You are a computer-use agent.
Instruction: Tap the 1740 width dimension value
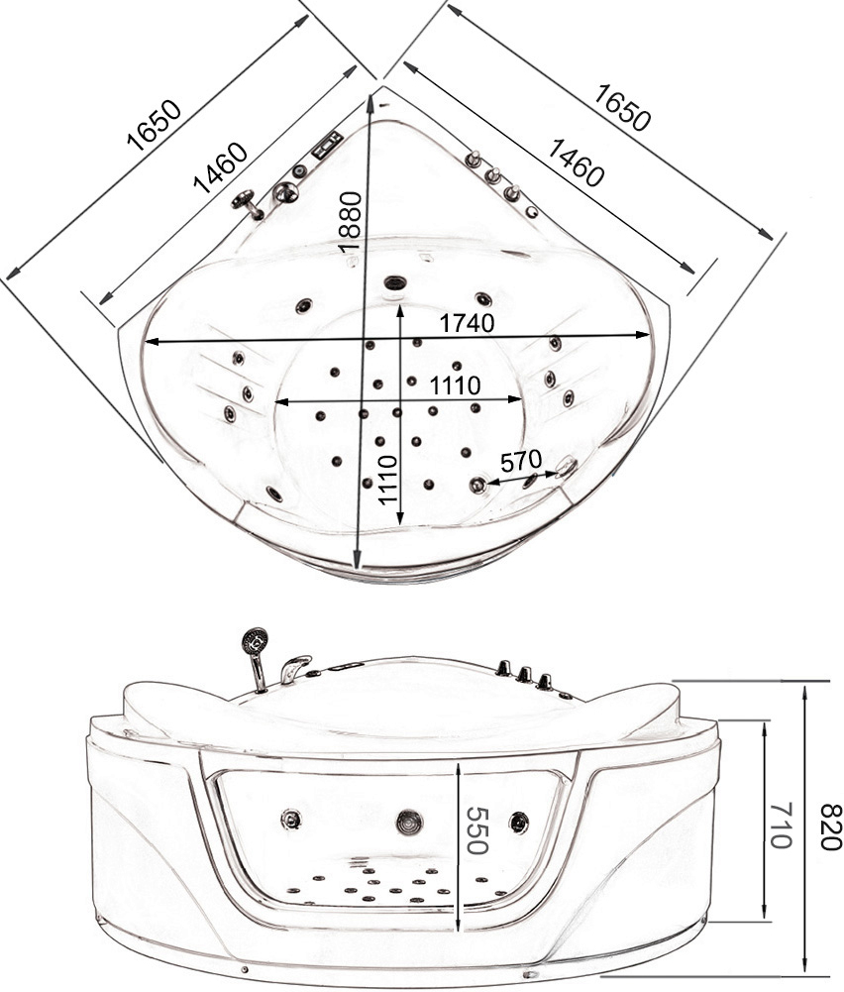click(x=467, y=323)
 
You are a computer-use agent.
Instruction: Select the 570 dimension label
click(x=521, y=461)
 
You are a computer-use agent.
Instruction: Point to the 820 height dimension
click(x=831, y=827)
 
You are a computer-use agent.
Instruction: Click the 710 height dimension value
click(x=782, y=825)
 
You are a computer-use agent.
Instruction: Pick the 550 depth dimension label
click(x=477, y=830)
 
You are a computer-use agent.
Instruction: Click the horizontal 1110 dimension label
click(x=456, y=385)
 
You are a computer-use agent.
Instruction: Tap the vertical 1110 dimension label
click(x=387, y=480)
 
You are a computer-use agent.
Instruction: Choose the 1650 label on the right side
click(x=622, y=108)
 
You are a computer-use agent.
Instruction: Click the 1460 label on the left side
click(x=221, y=167)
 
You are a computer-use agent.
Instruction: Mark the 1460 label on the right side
click(x=575, y=163)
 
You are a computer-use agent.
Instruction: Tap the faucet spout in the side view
click(x=295, y=667)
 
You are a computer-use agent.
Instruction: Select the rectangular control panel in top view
click(x=327, y=145)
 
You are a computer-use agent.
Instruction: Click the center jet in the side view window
click(x=409, y=822)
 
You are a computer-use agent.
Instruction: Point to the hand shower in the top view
click(x=248, y=204)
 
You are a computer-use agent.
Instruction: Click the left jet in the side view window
click(x=291, y=820)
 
